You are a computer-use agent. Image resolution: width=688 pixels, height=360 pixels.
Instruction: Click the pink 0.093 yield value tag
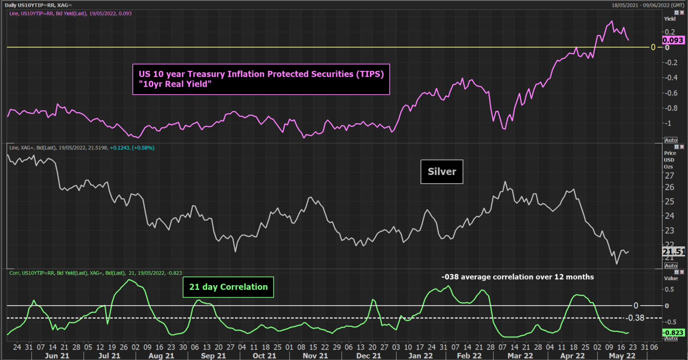[x=673, y=40]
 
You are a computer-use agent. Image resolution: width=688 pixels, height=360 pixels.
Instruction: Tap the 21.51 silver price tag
[x=674, y=252]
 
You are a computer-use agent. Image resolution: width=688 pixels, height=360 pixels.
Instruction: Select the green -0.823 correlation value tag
[x=673, y=333]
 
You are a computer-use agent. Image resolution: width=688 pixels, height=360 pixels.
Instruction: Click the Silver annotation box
[x=442, y=171]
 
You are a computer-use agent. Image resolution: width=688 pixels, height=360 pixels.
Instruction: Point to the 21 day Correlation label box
[x=228, y=287]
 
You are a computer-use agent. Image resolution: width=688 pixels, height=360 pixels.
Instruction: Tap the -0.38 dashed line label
[x=635, y=318]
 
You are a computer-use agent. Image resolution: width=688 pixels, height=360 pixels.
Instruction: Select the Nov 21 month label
[x=316, y=356]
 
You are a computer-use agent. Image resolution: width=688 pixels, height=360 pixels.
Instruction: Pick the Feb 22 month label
[x=469, y=356]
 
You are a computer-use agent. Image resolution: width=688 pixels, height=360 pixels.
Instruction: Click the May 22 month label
[x=622, y=356]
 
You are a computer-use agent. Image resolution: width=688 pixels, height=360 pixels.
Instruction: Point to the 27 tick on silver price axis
[x=669, y=175]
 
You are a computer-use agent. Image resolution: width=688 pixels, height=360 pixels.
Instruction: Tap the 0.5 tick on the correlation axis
[x=670, y=289]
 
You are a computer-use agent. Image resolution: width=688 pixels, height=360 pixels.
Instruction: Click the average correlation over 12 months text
[x=517, y=277]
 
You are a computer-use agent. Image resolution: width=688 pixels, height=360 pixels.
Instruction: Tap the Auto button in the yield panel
[x=670, y=140]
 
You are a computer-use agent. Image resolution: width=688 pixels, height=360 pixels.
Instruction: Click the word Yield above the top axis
[x=670, y=19]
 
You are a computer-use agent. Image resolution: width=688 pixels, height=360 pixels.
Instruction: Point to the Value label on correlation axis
[x=671, y=278]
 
